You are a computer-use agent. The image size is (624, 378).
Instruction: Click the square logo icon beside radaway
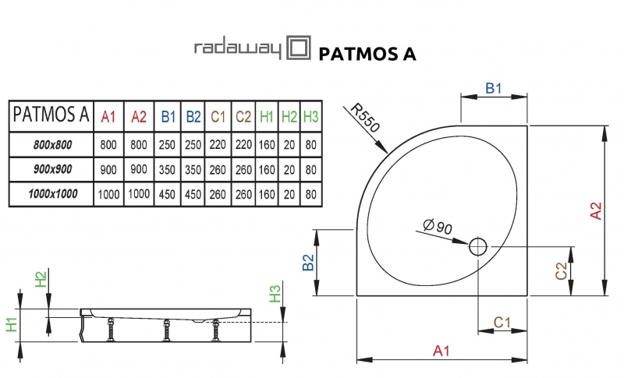coord(300,48)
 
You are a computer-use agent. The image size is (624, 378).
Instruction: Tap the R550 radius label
coord(365,119)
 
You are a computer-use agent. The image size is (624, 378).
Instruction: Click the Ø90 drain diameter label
coord(438,227)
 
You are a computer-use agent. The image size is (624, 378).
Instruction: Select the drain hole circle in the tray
coord(477,248)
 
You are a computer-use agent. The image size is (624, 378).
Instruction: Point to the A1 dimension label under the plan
coord(442,351)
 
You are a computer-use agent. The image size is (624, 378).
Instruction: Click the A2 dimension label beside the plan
coord(596,210)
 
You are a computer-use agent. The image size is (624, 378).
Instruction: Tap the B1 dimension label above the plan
coord(494,89)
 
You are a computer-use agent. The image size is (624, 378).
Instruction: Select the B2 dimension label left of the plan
coord(307,263)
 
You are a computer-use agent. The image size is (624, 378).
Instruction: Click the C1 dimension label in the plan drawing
coord(502,322)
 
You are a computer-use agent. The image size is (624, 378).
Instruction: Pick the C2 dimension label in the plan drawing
coord(560,271)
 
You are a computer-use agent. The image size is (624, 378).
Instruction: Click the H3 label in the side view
coord(275,293)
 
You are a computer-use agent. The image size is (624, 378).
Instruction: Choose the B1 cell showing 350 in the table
coord(167,169)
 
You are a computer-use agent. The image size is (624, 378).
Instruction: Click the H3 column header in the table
coord(311,117)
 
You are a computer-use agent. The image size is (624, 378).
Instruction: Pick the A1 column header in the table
coord(108,117)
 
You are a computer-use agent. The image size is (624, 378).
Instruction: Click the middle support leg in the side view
coord(166,332)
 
